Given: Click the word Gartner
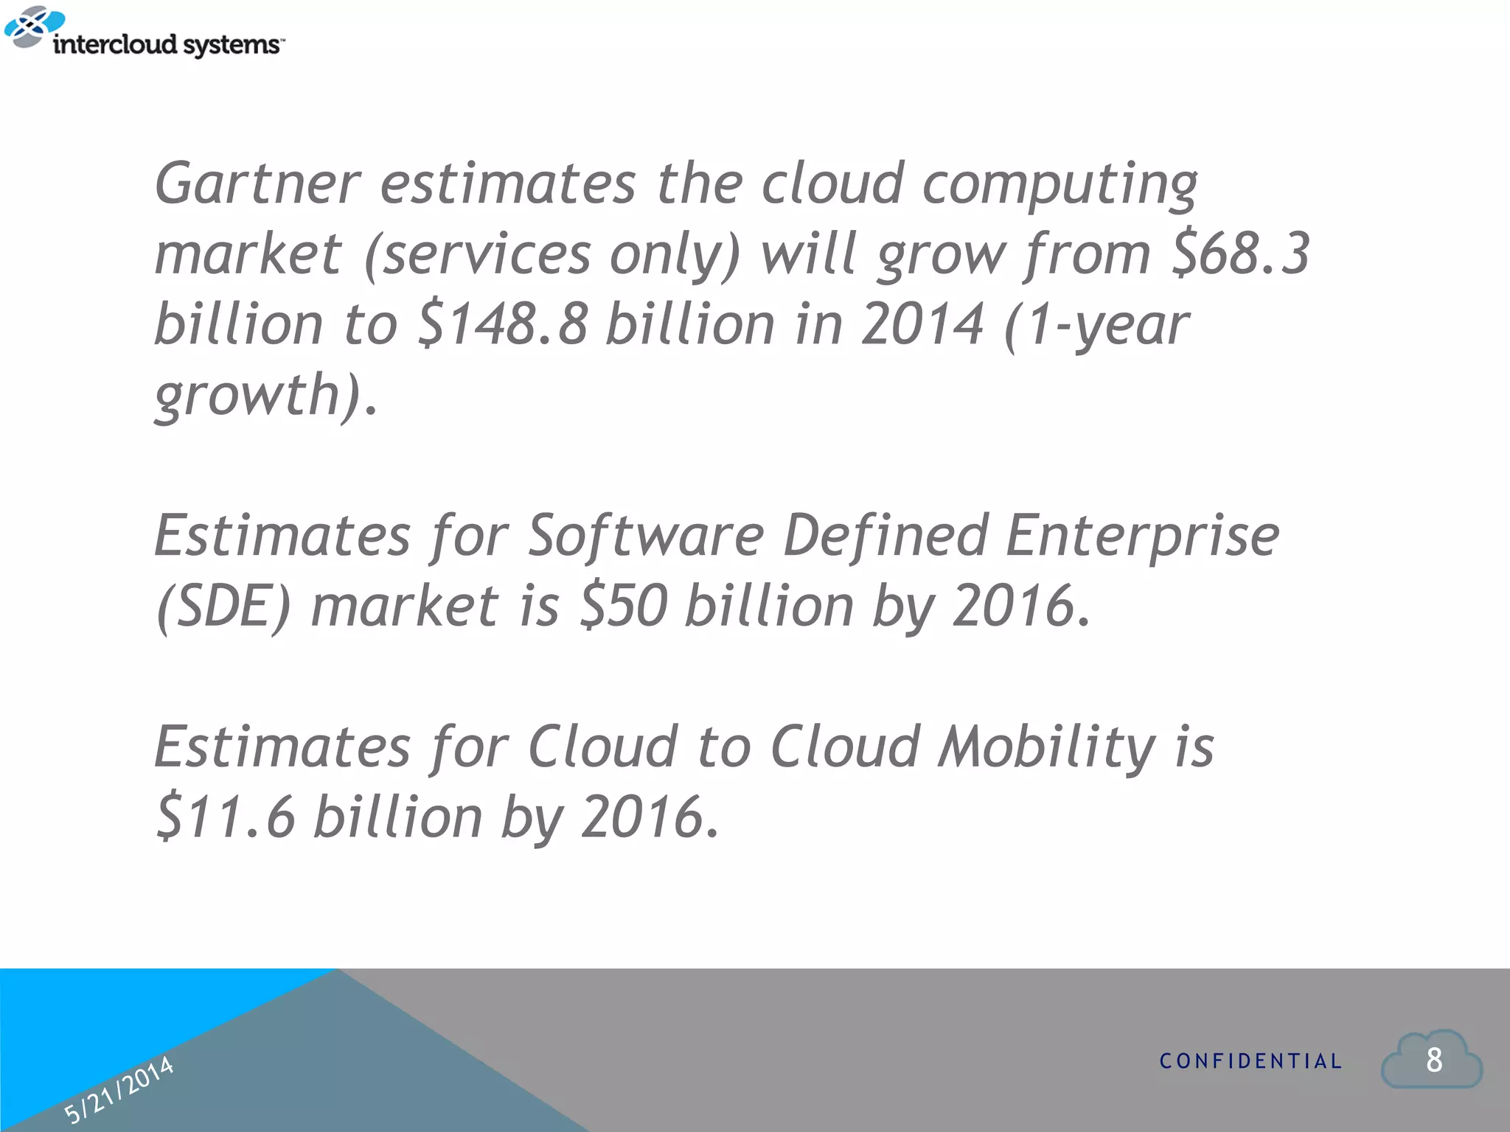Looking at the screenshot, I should [257, 183].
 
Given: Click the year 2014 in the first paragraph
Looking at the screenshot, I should [922, 324].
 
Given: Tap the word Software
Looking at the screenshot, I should [646, 535].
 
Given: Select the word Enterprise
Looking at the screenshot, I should [1142, 535].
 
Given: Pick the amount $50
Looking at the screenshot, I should [624, 606].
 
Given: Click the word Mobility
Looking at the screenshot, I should [1047, 747].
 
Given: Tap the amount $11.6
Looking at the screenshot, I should [226, 817].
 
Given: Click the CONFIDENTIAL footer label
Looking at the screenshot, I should [1250, 1061].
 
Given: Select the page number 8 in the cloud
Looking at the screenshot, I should [1433, 1060].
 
